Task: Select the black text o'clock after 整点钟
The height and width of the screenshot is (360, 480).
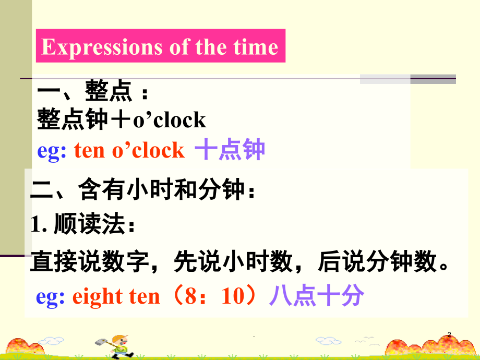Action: tap(170, 120)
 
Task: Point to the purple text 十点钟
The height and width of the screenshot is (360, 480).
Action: tap(230, 150)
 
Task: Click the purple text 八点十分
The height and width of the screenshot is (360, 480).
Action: tap(316, 296)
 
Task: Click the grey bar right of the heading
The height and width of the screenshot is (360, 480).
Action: tap(407, 79)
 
